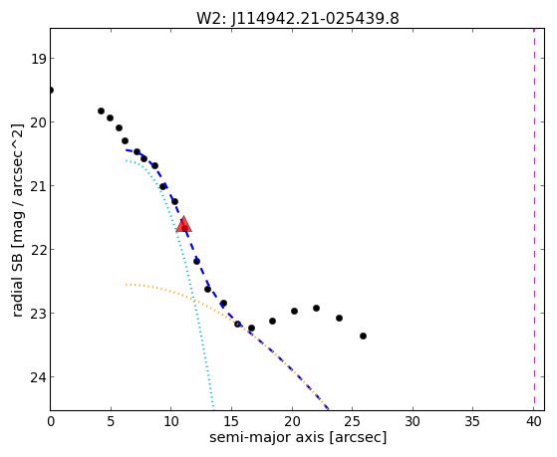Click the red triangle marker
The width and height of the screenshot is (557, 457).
(183, 224)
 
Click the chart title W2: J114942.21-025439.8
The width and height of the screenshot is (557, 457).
(298, 19)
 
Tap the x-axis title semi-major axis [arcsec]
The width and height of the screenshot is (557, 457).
(298, 437)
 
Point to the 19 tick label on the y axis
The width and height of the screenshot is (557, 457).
(38, 59)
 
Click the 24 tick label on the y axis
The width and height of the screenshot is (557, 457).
(38, 376)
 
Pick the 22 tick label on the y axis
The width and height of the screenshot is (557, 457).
(38, 250)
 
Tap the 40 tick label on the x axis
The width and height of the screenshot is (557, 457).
(534, 421)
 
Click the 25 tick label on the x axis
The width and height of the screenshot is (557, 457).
(353, 421)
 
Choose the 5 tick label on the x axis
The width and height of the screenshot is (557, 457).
(111, 421)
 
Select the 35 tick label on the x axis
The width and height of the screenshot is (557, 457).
(473, 421)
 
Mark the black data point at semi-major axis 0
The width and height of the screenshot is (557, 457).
(51, 91)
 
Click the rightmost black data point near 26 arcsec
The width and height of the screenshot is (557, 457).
(363, 336)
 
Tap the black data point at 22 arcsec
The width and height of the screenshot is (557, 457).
(316, 309)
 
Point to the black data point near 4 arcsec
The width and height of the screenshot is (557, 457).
(101, 112)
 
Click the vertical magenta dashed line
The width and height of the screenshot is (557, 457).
(534, 219)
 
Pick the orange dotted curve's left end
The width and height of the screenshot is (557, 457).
(126, 285)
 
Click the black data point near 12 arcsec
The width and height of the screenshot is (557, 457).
(196, 261)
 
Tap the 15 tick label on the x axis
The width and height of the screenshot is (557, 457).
(231, 421)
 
